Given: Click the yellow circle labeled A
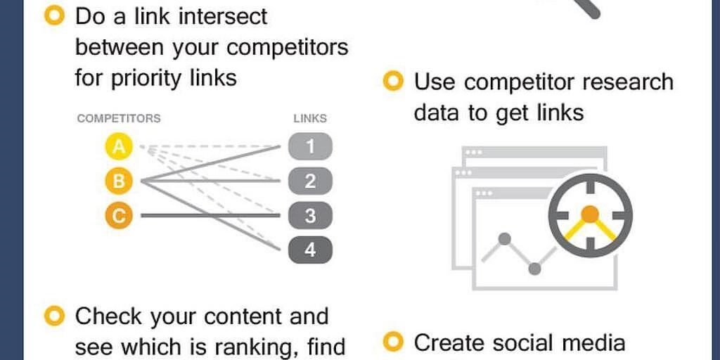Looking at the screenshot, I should [120, 147].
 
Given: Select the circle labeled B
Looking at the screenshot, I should [120, 181].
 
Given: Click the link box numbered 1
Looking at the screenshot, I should [309, 147].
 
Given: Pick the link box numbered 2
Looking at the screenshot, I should [309, 181].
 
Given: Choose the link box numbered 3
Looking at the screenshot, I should [309, 216].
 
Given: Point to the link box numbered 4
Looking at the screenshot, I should [309, 250].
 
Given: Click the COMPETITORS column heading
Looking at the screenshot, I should [119, 118].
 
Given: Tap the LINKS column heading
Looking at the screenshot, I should [310, 118].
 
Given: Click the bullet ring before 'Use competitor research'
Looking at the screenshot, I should [393, 82].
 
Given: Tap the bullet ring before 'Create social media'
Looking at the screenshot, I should [393, 342].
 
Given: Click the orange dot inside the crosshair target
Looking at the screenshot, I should [591, 213].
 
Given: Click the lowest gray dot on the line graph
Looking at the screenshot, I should [534, 268].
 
